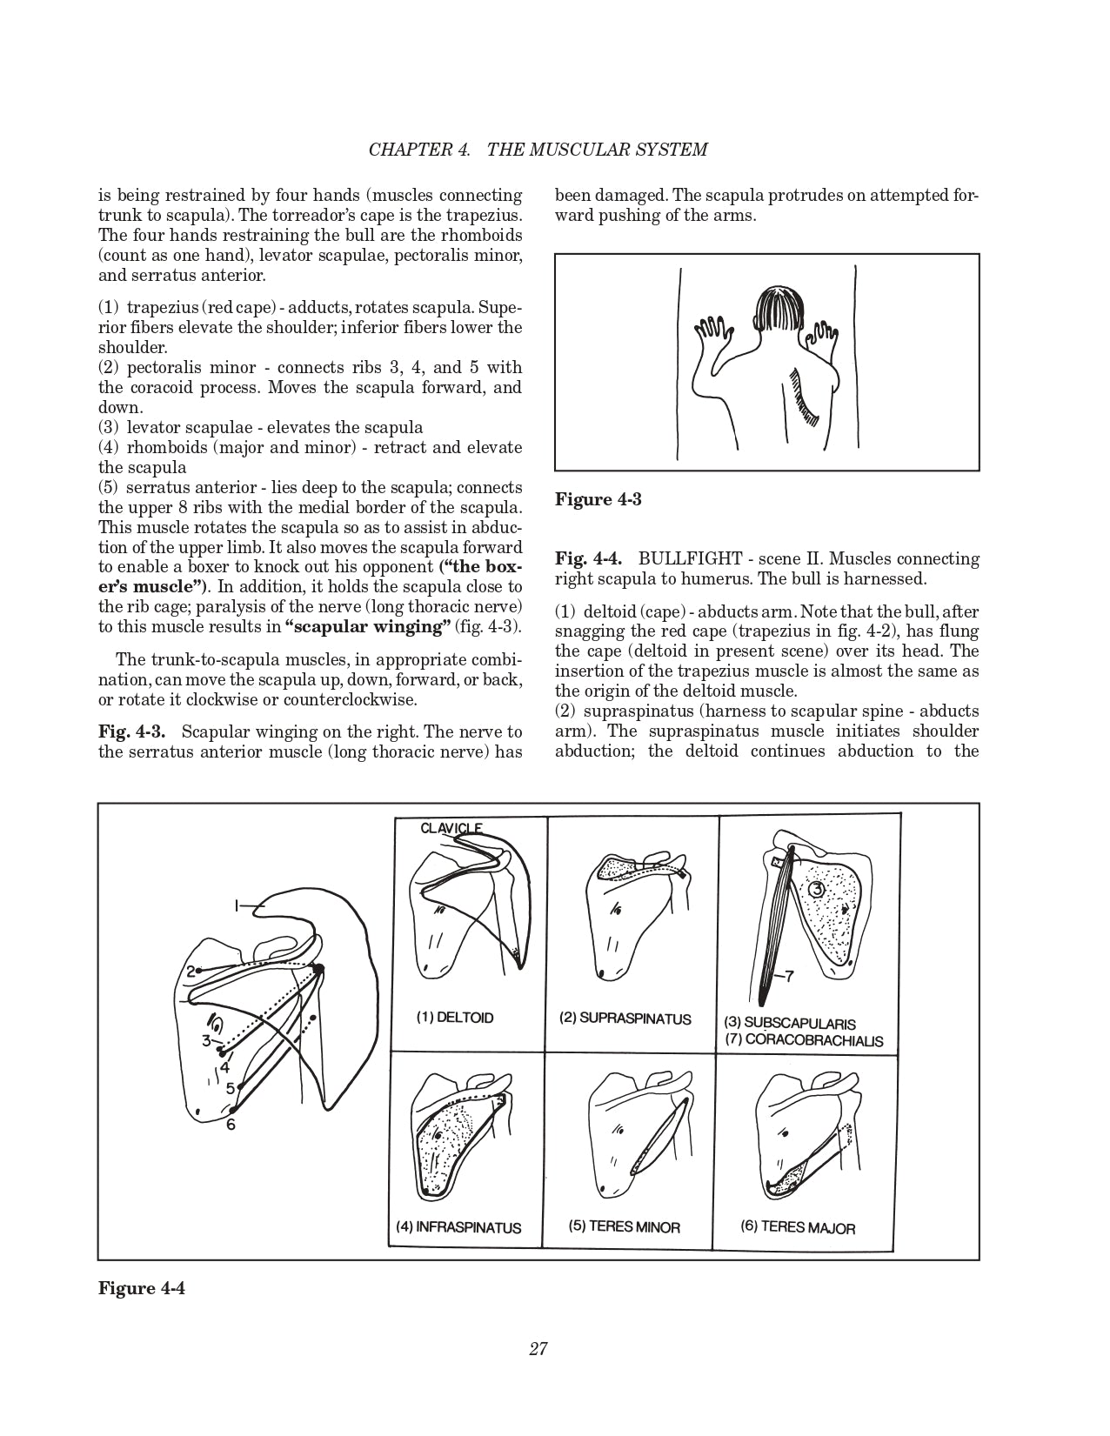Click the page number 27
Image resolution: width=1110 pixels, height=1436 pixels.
pos(538,1349)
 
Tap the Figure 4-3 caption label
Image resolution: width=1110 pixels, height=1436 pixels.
pos(598,500)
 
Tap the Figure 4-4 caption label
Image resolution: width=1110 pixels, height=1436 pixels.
pos(142,1288)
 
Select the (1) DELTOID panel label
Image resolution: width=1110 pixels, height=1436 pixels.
pos(454,1018)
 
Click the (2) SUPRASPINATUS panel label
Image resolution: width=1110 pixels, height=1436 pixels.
pos(625,1019)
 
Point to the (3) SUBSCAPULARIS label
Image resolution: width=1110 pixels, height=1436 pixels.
pos(790,1024)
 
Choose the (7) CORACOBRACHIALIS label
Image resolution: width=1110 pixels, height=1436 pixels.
pos(803,1040)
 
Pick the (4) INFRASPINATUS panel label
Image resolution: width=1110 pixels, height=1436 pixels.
pos(458,1227)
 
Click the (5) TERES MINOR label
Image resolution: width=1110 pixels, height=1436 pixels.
pos(625,1226)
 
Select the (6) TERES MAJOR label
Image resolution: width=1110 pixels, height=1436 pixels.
pos(798,1227)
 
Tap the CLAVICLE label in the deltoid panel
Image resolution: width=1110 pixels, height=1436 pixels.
pos(451,828)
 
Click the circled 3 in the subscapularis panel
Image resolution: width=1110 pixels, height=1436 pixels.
pos(815,890)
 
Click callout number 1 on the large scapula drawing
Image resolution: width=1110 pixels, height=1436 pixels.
pos(236,906)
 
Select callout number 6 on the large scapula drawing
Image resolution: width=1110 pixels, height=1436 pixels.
pos(231,1124)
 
